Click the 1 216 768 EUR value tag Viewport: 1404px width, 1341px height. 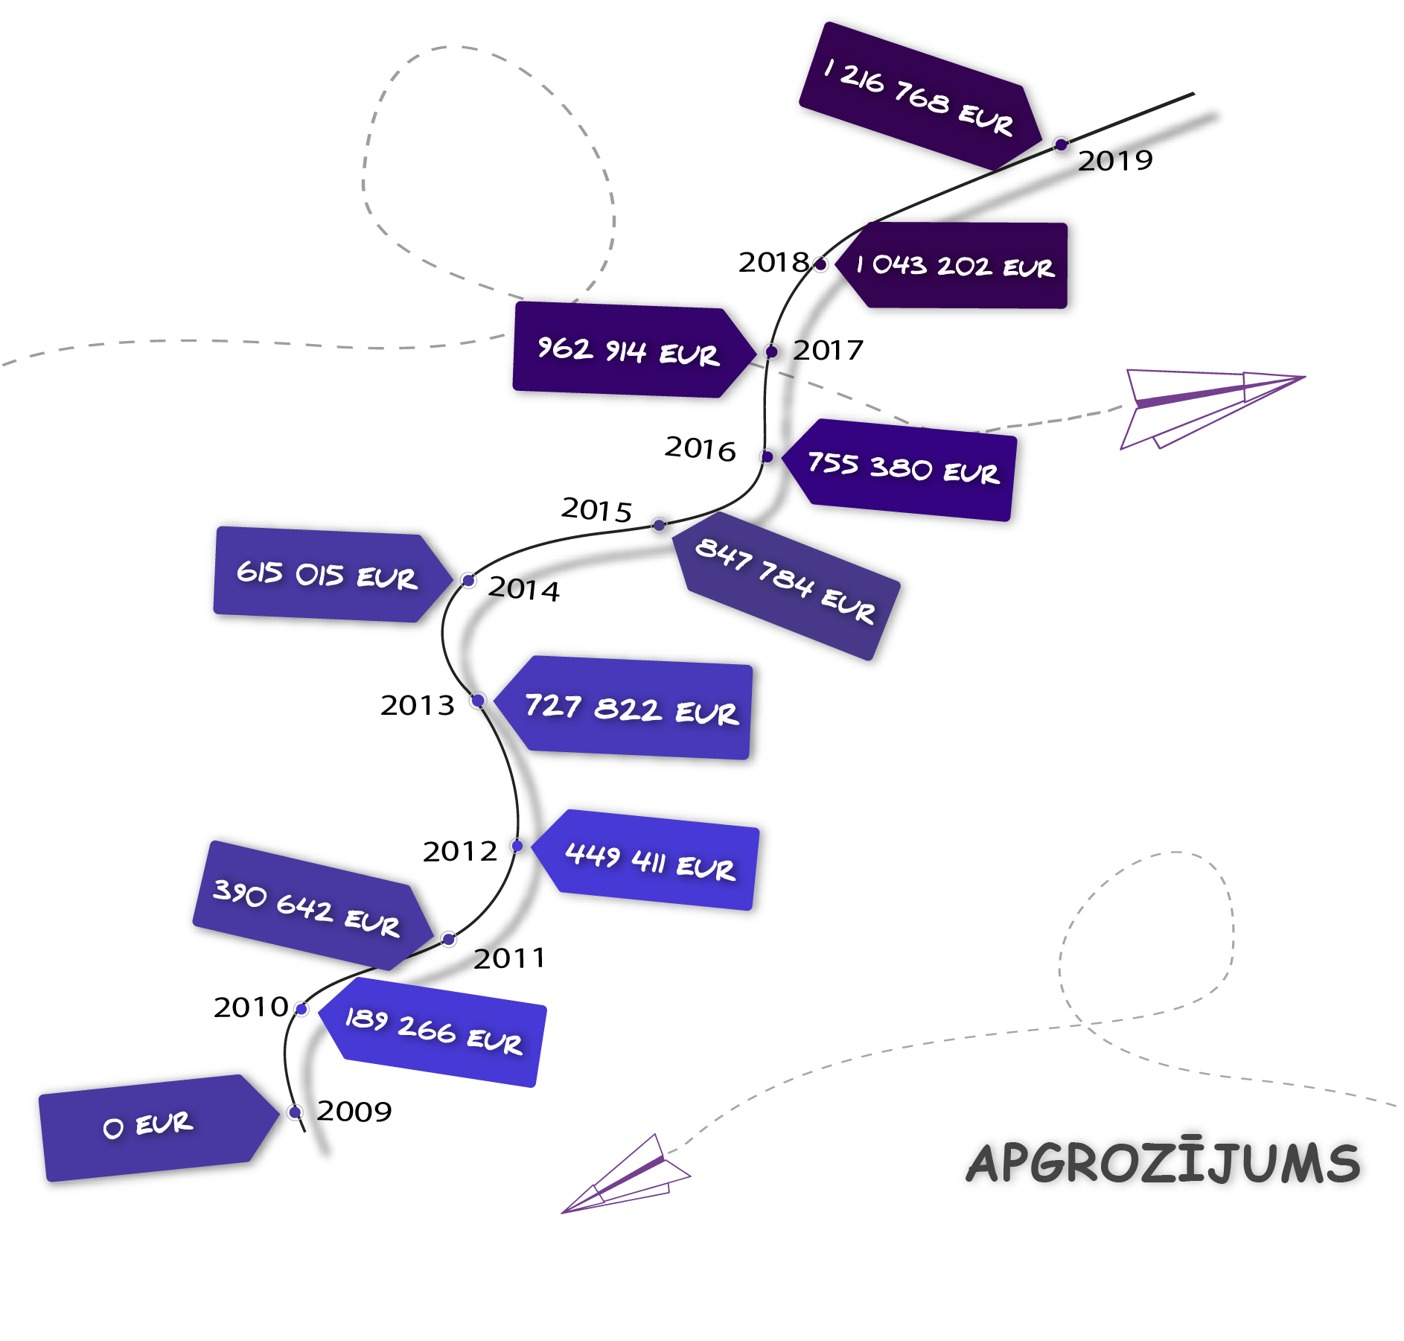pos(921,97)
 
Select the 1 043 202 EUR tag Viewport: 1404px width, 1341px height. pos(952,265)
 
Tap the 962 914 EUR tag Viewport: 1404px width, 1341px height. pos(634,349)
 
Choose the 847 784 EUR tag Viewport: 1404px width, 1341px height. pos(786,585)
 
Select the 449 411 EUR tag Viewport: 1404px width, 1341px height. pos(646,860)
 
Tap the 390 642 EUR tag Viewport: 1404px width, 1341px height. pos(313,905)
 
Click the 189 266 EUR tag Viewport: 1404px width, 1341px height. pos(433,1031)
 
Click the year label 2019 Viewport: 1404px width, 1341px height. pos(1115,160)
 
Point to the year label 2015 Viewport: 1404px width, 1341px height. pos(596,510)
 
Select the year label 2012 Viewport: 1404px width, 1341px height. pos(460,851)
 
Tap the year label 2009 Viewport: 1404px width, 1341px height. pos(354,1111)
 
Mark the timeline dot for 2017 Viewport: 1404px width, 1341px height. pos(772,351)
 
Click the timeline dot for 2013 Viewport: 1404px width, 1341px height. pos(478,701)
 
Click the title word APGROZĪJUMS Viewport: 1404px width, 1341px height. pos(1164,1163)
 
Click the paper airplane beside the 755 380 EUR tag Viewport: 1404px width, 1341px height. pos(1212,409)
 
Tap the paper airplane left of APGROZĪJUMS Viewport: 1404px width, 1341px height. pos(626,1174)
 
